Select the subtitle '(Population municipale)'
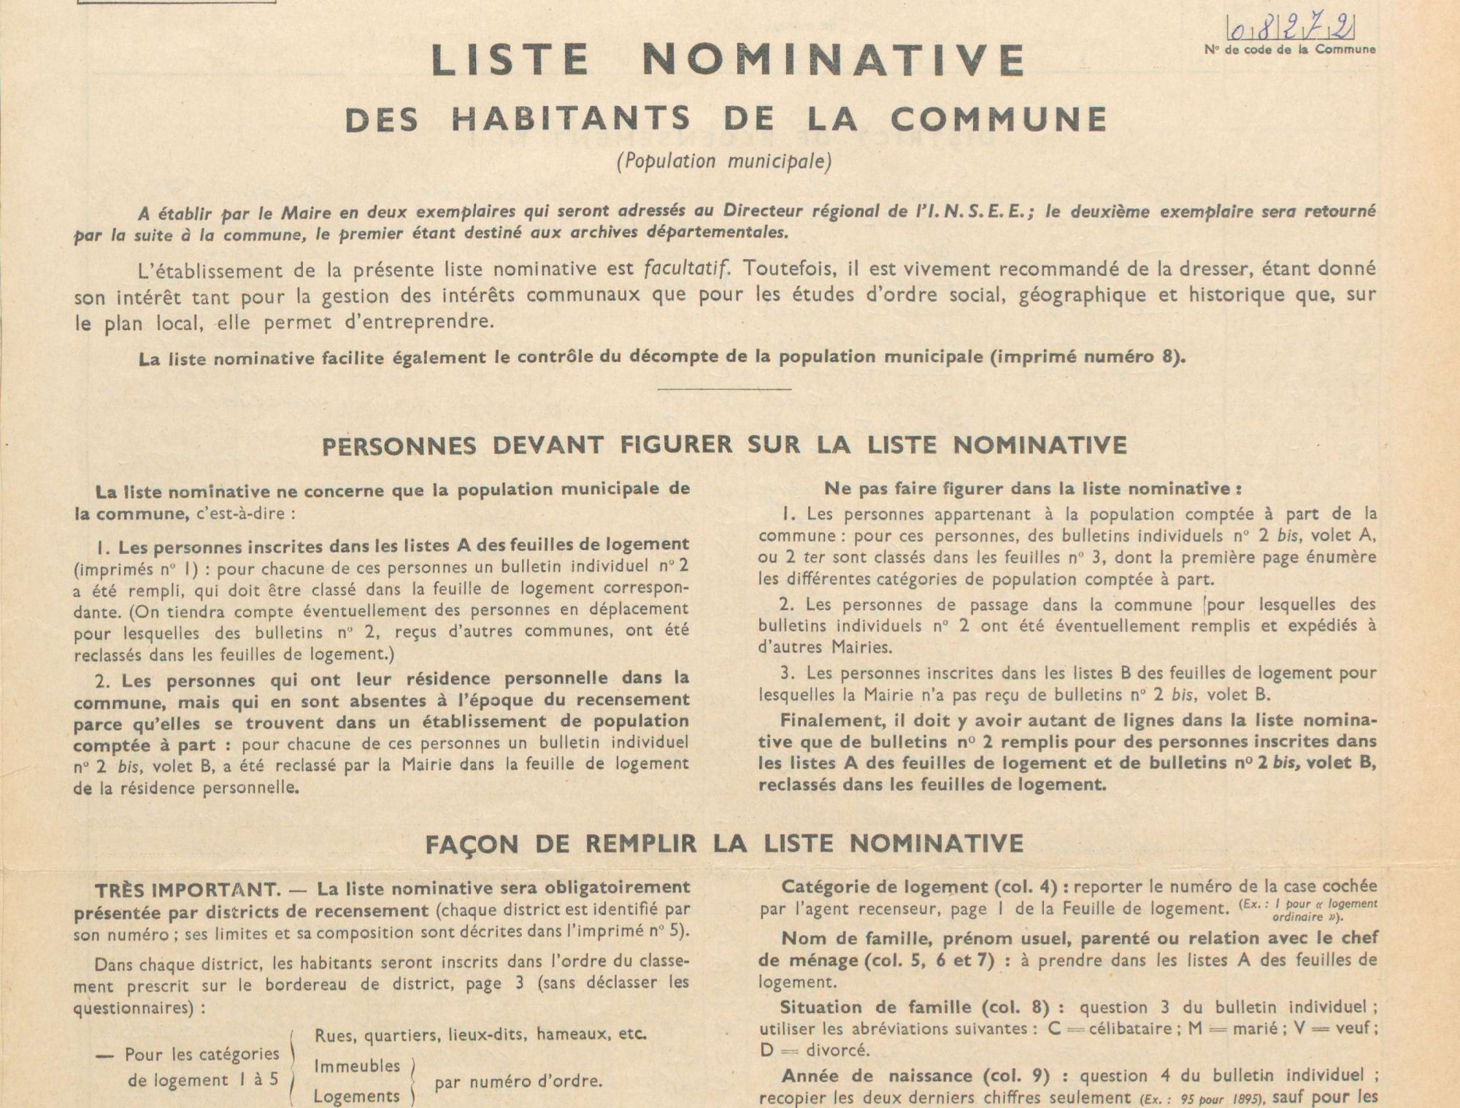click(x=724, y=161)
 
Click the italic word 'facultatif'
click(x=686, y=269)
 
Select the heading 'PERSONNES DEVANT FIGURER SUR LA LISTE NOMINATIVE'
click(x=724, y=445)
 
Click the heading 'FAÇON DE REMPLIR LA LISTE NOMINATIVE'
click(x=724, y=844)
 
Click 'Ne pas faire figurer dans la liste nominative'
click(x=1032, y=488)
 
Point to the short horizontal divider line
click(x=724, y=388)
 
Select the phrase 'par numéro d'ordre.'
click(x=518, y=1081)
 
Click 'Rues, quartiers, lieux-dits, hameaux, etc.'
click(x=480, y=1034)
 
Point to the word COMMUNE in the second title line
click(x=999, y=120)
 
